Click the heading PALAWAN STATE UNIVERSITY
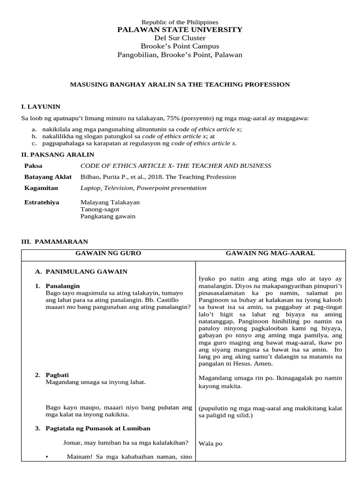(180, 30)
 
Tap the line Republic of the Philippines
(180, 22)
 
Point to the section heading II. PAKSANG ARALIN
(58, 154)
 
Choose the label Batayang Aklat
(48, 177)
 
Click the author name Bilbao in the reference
(90, 177)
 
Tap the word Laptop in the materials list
(90, 188)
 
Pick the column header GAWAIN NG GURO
(108, 253)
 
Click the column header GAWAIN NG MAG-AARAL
(270, 253)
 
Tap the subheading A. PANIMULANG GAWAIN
(82, 271)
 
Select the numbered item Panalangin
(63, 285)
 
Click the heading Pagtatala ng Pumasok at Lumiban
(98, 428)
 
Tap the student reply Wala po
(210, 443)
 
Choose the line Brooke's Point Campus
(180, 46)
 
